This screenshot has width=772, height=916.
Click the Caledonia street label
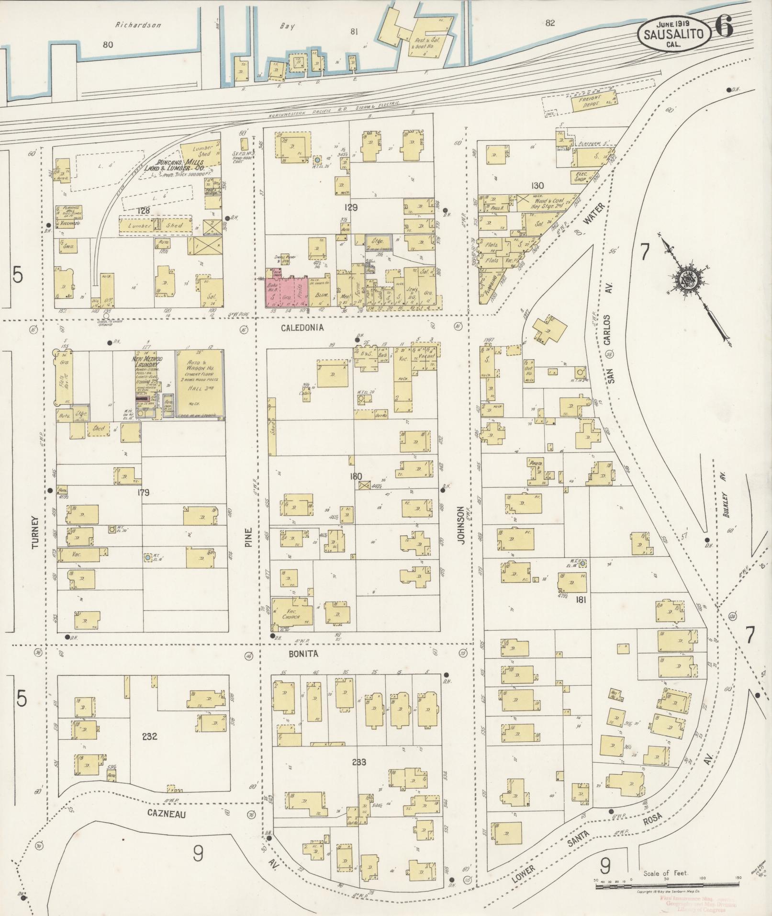pos(302,328)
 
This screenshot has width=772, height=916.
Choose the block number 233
pos(358,762)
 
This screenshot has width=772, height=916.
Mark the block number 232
pos(149,736)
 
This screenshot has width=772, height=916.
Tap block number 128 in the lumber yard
pos(143,210)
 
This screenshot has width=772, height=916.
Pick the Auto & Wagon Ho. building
pos(200,382)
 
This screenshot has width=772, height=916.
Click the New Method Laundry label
pos(147,362)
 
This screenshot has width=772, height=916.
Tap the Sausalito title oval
pos(673,34)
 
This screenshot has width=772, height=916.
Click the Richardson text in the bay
pos(138,25)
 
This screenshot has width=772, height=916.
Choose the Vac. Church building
pos(291,613)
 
